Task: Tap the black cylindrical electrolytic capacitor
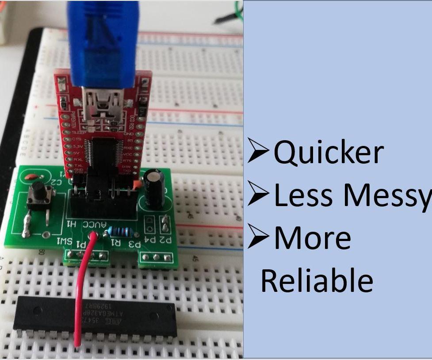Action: (x=155, y=189)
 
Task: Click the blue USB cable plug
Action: (x=103, y=42)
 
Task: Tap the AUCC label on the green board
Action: (x=93, y=225)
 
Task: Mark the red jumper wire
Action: (x=83, y=283)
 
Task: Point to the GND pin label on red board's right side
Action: (x=129, y=133)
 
